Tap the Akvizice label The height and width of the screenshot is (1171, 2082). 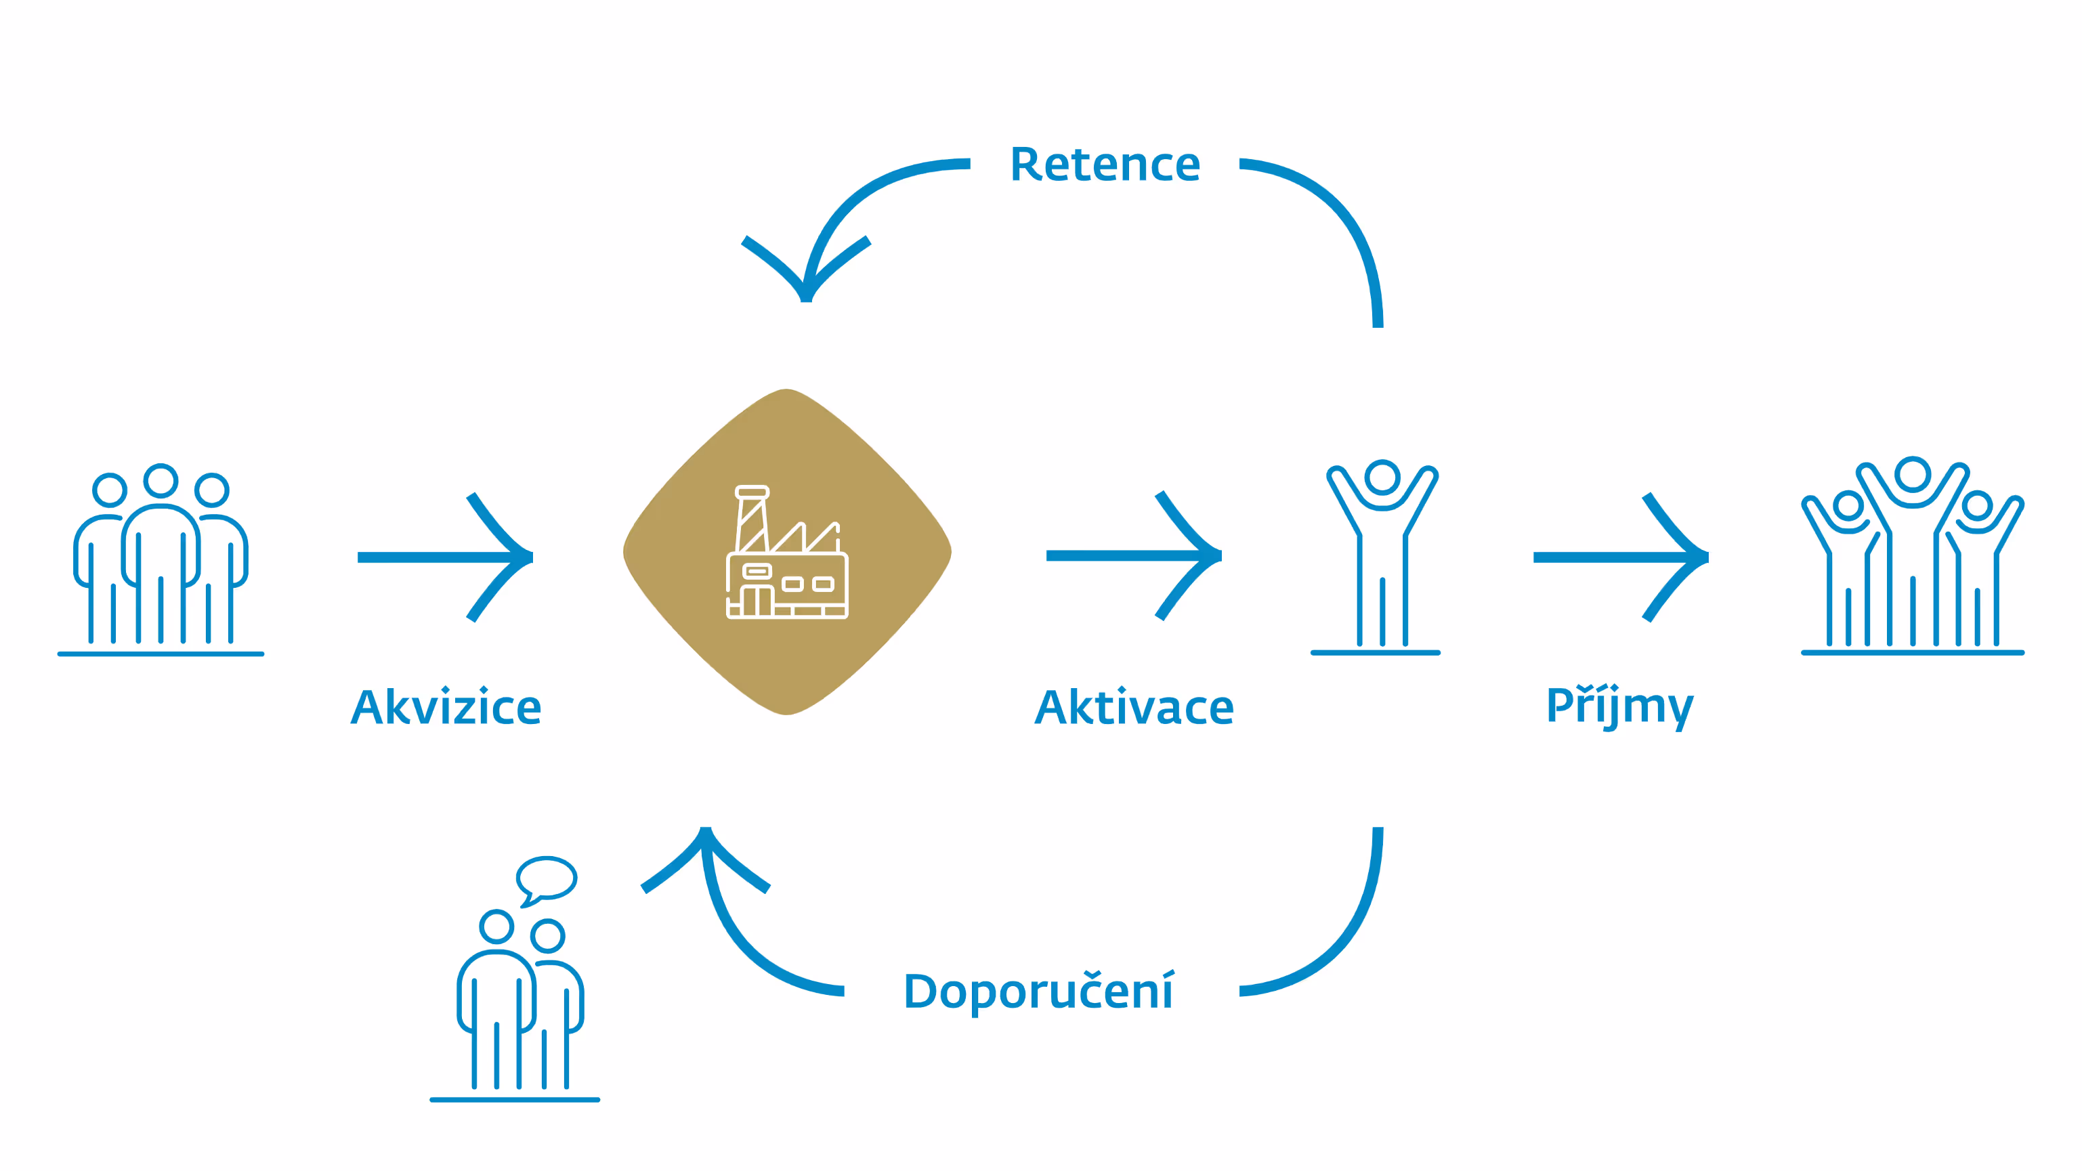click(446, 708)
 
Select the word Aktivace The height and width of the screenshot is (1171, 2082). click(1134, 708)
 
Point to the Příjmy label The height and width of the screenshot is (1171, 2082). click(1619, 706)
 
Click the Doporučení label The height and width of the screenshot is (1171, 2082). click(1038, 992)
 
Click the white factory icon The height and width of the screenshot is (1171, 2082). click(786, 553)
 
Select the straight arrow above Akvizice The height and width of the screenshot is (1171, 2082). click(444, 557)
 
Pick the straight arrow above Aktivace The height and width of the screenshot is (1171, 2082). click(1133, 555)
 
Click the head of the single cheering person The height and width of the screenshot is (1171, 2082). click(1382, 477)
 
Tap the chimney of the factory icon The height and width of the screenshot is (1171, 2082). click(752, 517)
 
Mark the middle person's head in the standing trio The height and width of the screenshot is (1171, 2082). click(161, 481)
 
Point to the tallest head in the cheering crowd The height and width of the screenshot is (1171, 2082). click(1912, 474)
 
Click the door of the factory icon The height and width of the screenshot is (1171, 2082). click(757, 601)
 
